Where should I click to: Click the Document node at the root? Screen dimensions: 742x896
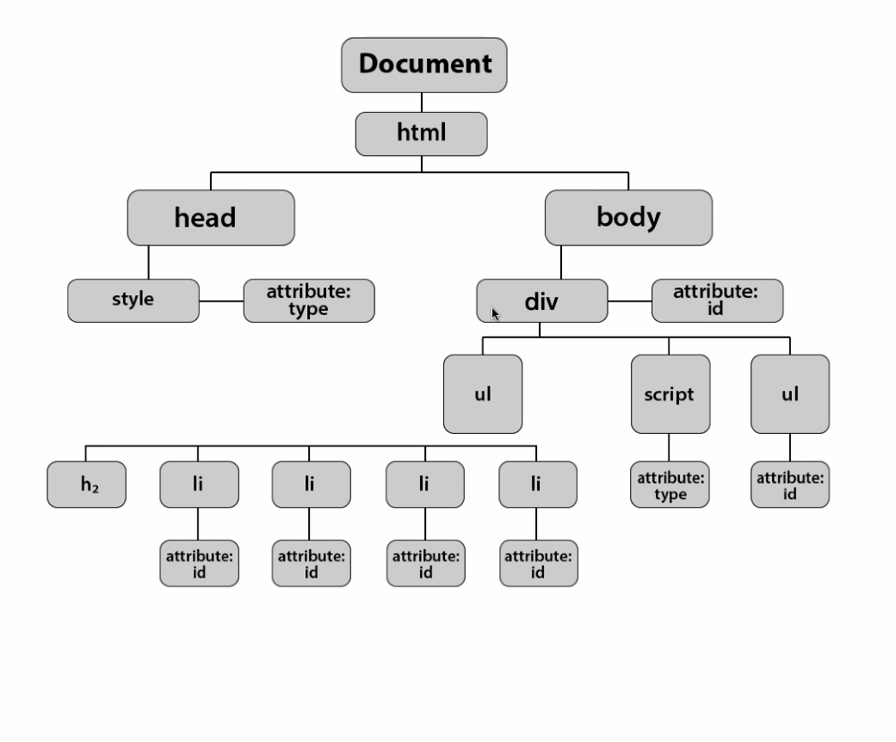424,65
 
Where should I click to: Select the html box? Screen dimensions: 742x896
422,133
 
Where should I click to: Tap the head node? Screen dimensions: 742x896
210,218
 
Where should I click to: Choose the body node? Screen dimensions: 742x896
628,218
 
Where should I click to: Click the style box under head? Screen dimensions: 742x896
133,300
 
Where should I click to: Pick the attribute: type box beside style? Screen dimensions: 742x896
308,300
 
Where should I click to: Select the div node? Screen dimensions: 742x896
541,301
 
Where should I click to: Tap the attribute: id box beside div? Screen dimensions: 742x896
717,300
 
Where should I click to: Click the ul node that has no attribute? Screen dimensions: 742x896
483,394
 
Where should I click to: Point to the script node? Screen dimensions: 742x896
670,394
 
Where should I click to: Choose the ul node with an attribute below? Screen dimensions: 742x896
790,394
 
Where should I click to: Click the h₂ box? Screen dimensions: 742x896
86,484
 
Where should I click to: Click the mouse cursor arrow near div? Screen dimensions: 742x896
496,314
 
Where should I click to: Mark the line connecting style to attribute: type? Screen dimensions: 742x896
221,301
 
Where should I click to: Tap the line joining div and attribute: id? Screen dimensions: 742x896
629,301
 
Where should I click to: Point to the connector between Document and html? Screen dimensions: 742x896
422,102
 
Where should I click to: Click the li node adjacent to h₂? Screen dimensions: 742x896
198,484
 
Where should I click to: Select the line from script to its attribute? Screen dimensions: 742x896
670,448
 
